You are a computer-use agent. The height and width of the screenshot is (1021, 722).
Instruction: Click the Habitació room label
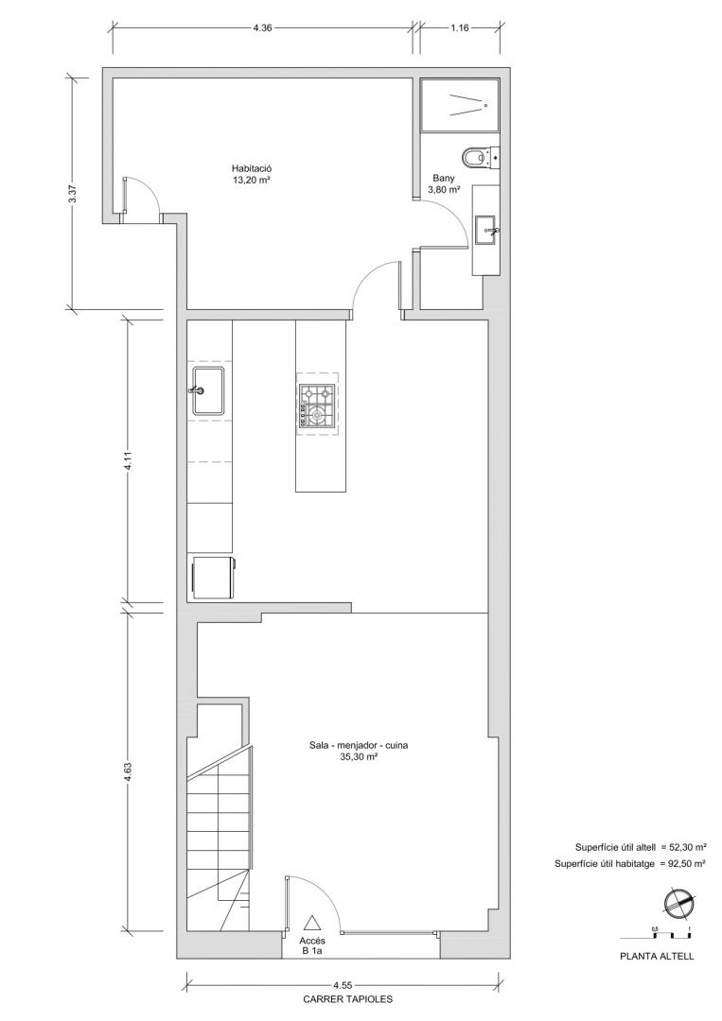pyautogui.click(x=250, y=174)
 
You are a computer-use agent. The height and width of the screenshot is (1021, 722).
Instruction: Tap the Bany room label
pyautogui.click(x=444, y=184)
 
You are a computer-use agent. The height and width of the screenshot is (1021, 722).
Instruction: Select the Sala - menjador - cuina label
pyautogui.click(x=359, y=752)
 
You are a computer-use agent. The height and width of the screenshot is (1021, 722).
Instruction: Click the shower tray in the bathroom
pyautogui.click(x=460, y=106)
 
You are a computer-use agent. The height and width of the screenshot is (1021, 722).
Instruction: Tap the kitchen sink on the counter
pyautogui.click(x=207, y=390)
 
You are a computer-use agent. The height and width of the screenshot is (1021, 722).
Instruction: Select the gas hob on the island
pyautogui.click(x=317, y=406)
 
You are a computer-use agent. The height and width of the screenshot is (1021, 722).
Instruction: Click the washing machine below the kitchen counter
pyautogui.click(x=213, y=577)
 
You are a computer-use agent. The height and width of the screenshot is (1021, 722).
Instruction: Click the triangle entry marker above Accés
pyautogui.click(x=312, y=925)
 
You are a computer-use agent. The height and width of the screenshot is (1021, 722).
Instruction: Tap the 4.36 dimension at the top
pyautogui.click(x=262, y=28)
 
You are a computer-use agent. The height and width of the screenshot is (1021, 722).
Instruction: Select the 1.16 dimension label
pyautogui.click(x=459, y=28)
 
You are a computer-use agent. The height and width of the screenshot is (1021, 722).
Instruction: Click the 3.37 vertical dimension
pyautogui.click(x=74, y=195)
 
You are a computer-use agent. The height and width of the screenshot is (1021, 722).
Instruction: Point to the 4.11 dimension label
pyautogui.click(x=129, y=462)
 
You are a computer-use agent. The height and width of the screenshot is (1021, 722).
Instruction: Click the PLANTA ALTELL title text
pyautogui.click(x=656, y=957)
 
